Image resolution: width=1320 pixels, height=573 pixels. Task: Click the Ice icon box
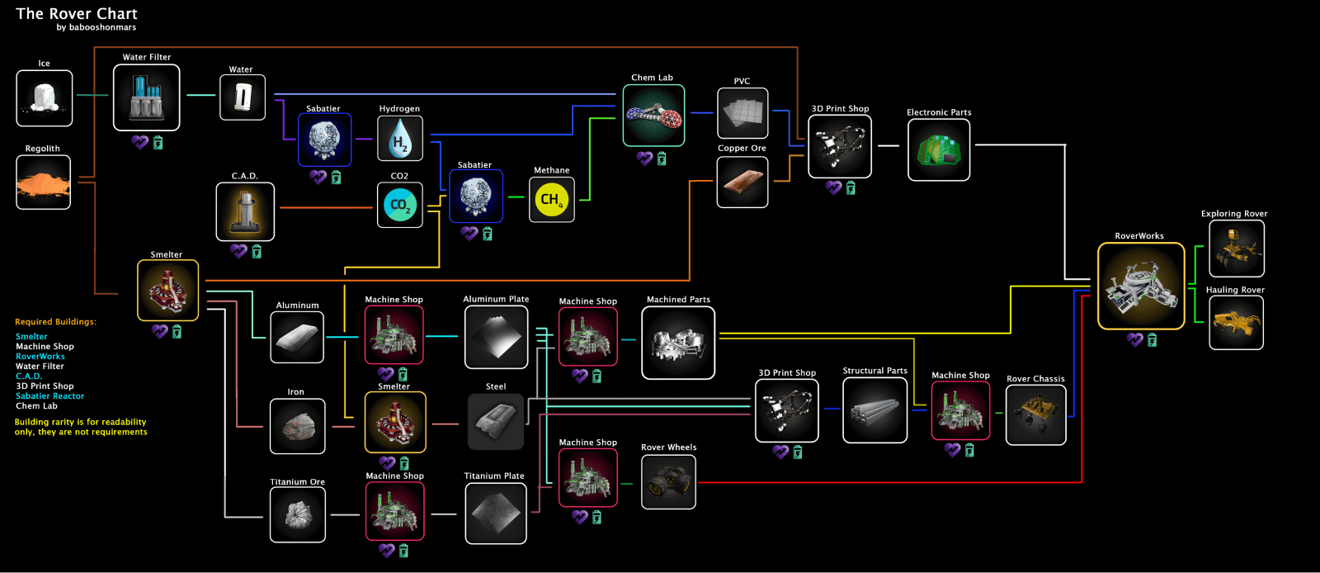click(45, 98)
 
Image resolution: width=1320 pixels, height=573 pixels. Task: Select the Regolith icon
click(43, 182)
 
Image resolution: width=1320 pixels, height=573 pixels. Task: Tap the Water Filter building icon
click(146, 97)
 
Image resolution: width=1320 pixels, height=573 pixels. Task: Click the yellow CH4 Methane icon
click(552, 200)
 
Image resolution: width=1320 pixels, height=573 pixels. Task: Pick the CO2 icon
click(399, 205)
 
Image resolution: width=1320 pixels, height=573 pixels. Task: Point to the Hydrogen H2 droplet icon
click(399, 139)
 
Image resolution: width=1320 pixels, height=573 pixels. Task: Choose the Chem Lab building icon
click(653, 116)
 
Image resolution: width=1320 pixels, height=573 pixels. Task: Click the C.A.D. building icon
click(245, 211)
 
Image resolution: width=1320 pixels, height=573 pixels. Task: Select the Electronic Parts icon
click(939, 149)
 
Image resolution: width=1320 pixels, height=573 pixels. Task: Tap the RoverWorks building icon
click(1141, 286)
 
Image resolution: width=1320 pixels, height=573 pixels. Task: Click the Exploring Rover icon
click(1237, 249)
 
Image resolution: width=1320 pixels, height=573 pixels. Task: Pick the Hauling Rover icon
click(1236, 323)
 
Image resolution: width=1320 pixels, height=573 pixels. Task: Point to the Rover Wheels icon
click(668, 481)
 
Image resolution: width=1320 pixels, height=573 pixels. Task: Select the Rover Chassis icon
click(1035, 415)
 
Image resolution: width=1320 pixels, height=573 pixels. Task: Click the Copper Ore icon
click(742, 182)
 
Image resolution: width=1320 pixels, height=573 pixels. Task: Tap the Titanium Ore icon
click(298, 514)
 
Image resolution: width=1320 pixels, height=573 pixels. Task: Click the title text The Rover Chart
click(77, 13)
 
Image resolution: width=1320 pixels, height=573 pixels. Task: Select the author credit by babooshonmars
click(96, 27)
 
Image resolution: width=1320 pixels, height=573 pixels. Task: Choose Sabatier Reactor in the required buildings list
click(50, 396)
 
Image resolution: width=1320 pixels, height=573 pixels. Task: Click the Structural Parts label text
click(874, 371)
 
